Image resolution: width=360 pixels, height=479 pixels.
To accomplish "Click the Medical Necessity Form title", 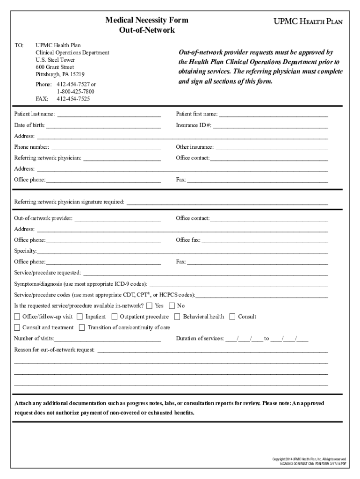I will click(147, 20).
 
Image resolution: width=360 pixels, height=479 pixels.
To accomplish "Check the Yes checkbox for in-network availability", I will click(149, 306).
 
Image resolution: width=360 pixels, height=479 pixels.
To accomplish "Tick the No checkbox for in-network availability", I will click(172, 306).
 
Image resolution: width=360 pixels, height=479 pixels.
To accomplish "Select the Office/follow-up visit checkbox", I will click(17, 317).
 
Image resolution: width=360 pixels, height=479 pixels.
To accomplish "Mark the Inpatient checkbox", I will click(80, 317).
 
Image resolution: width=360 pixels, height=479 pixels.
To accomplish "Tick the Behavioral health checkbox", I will click(177, 317).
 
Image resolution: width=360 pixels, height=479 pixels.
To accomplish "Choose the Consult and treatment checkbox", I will click(17, 327).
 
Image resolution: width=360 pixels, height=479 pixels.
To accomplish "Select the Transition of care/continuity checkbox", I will click(82, 327).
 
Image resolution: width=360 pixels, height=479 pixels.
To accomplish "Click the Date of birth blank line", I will click(103, 126).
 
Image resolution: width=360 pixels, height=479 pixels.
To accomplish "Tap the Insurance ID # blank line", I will click(271, 126).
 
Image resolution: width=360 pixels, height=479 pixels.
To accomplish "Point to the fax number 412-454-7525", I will click(73, 99).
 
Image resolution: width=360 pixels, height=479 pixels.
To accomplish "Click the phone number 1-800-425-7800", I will click(76, 92).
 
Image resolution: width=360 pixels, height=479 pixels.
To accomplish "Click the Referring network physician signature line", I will click(227, 203).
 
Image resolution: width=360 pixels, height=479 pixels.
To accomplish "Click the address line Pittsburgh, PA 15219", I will click(60, 74).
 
